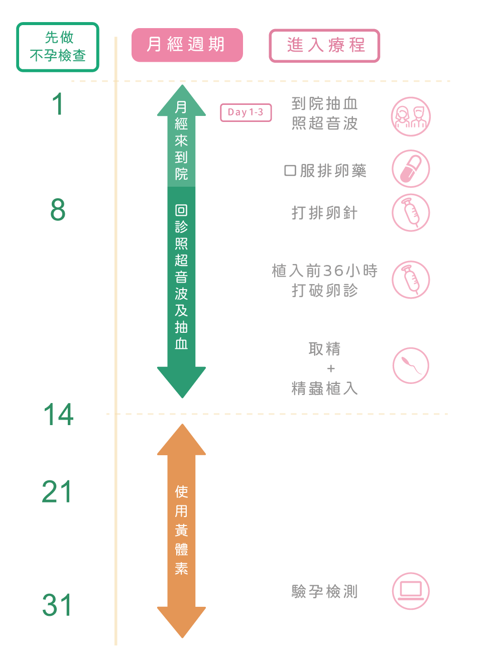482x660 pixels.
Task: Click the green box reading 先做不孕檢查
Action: pos(58,47)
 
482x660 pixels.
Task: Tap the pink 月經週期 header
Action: pos(187,45)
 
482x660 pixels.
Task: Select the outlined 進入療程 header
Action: pos(324,46)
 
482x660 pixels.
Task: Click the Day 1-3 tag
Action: pos(246,112)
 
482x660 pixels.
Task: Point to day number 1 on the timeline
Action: pos(58,104)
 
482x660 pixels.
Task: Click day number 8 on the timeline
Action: pos(58,210)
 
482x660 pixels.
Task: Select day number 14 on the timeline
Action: pos(59,415)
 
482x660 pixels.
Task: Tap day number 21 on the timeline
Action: pos(57,492)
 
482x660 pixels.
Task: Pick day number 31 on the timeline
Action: pos(57,605)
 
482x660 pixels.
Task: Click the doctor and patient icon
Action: pos(411,116)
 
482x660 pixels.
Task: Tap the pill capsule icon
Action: pos(411,169)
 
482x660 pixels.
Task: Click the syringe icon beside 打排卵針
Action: pos(411,213)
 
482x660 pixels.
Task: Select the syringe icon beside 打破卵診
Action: pos(411,280)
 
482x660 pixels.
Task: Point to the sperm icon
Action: pos(411,365)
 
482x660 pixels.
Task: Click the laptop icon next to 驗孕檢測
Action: pos(411,591)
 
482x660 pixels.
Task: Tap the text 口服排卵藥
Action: pos(325,171)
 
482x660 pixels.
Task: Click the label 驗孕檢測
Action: pos(325,591)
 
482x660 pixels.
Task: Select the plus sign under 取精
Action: pos(330,368)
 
